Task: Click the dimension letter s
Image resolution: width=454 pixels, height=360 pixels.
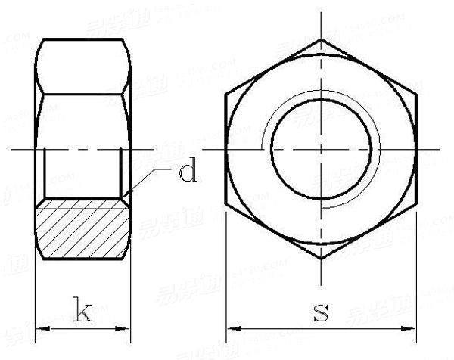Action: tap(322, 312)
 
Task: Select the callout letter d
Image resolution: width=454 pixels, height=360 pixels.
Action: tap(188, 172)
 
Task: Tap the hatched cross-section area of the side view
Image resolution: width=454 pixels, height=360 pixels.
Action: tap(82, 229)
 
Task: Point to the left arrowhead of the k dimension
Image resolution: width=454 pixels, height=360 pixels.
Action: tap(40, 329)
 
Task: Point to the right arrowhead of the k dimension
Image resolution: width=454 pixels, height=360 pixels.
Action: tap(126, 329)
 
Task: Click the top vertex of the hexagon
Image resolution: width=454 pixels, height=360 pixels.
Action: tap(322, 39)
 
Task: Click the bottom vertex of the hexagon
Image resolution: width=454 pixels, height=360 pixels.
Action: tap(322, 259)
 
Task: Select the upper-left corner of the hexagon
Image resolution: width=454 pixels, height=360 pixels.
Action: tap(226, 95)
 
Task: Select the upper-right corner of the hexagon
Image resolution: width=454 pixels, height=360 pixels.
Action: tap(417, 95)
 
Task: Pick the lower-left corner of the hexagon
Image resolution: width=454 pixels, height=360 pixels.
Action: tap(226, 204)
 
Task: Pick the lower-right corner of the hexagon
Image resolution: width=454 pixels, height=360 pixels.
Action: tap(417, 204)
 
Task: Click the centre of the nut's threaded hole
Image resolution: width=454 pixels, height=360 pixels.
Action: tap(322, 149)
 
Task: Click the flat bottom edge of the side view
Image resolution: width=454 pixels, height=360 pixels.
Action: tap(82, 259)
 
